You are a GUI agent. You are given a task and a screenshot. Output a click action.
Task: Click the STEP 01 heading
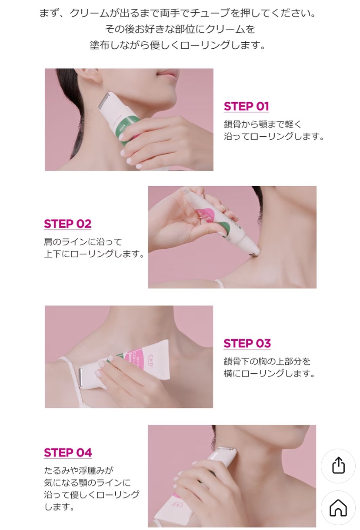(246, 106)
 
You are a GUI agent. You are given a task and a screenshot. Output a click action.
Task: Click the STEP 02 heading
(67, 224)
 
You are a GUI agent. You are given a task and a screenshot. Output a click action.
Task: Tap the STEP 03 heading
(247, 343)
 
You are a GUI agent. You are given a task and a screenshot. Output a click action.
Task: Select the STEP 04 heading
(68, 453)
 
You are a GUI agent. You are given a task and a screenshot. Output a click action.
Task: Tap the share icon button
(338, 466)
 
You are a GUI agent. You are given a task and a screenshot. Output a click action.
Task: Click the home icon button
(338, 508)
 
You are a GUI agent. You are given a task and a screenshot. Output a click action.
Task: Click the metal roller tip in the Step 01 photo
(105, 101)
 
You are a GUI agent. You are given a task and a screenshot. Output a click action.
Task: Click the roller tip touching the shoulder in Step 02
(255, 252)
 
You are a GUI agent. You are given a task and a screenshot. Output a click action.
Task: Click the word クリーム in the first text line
(89, 13)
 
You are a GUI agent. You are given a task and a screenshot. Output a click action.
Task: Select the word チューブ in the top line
(210, 13)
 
